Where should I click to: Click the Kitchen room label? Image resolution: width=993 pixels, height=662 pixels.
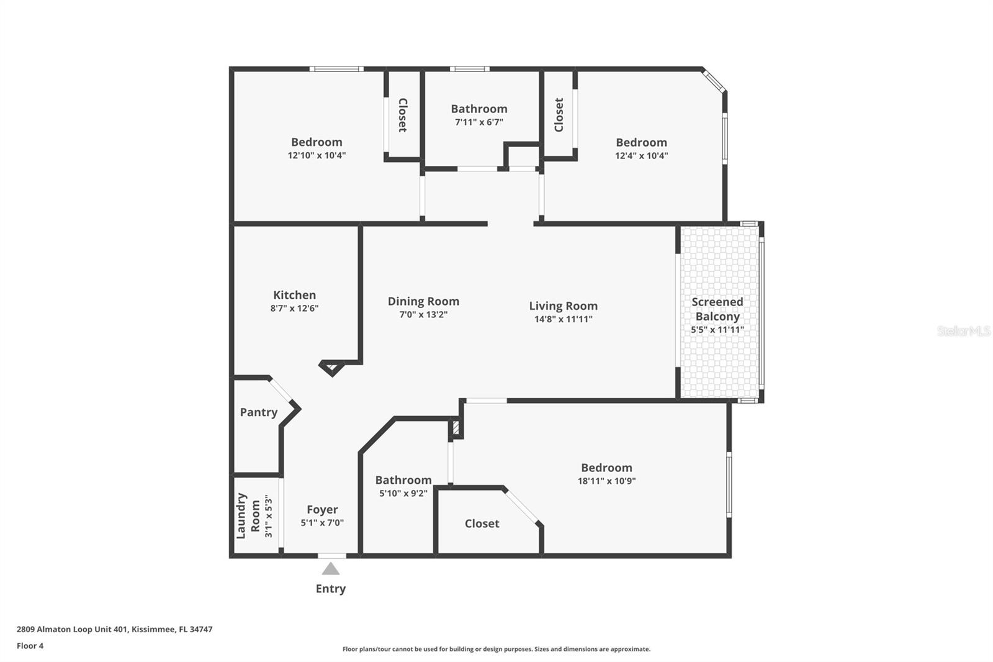(x=294, y=295)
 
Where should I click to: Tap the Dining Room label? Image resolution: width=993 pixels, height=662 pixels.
(x=423, y=301)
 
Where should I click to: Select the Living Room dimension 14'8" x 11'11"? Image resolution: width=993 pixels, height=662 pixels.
(x=563, y=319)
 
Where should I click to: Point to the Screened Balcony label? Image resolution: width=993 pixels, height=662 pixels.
(x=717, y=309)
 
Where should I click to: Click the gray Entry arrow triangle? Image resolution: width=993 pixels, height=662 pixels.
(x=331, y=569)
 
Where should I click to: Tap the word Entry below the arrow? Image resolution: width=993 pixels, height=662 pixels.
(x=330, y=589)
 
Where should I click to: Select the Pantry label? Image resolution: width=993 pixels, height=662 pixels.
(x=258, y=412)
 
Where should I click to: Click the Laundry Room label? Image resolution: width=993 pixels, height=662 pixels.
(x=248, y=515)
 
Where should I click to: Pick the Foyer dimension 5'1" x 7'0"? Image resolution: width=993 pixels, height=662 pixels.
(x=322, y=523)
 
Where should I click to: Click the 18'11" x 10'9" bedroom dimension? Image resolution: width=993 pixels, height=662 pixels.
(x=606, y=481)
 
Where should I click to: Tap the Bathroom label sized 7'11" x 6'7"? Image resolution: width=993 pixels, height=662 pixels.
(x=479, y=109)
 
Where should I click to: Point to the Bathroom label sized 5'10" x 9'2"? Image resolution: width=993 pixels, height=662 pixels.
(x=403, y=480)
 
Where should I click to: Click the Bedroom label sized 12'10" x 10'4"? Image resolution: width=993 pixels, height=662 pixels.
(x=317, y=142)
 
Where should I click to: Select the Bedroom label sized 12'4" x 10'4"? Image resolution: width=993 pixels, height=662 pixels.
(x=641, y=142)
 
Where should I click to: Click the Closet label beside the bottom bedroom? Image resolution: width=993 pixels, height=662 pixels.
(x=482, y=524)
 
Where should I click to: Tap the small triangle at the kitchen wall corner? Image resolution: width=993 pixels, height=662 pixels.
(x=331, y=368)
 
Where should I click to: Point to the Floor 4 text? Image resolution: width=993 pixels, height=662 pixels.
(x=30, y=646)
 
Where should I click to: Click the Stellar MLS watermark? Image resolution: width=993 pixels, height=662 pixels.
(x=963, y=331)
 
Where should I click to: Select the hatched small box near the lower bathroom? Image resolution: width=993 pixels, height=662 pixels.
(x=456, y=428)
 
